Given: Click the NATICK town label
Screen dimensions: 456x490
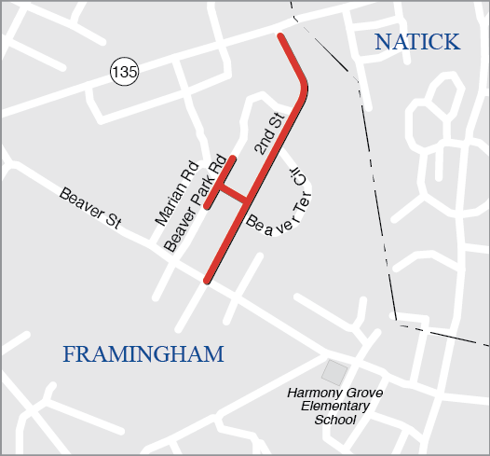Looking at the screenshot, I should [416, 42].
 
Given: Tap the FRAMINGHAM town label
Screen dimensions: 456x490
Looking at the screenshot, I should [143, 354].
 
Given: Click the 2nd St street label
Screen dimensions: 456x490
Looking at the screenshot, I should [268, 134].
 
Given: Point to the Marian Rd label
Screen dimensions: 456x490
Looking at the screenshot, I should [177, 191].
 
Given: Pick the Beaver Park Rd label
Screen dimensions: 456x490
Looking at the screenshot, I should [196, 203].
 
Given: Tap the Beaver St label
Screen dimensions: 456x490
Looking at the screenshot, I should [90, 208].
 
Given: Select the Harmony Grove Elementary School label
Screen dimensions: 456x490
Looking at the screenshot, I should [334, 406].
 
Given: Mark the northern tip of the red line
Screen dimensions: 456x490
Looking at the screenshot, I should [279, 37].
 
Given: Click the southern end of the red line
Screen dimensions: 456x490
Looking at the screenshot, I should [208, 279].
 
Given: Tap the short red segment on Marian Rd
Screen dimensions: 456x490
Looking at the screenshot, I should [222, 179].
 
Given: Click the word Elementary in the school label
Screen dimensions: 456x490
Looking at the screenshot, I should [335, 406].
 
